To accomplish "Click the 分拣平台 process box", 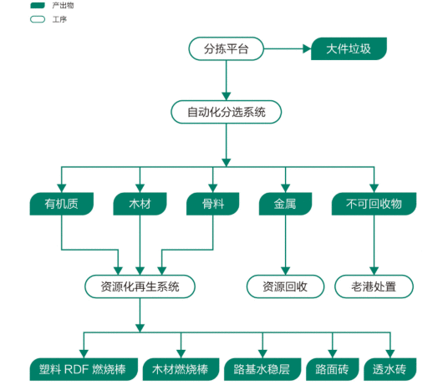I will pyautogui.click(x=226, y=49).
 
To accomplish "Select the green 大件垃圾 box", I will pyautogui.click(x=349, y=49).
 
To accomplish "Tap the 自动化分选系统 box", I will pyautogui.click(x=226, y=111).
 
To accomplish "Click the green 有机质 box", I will pyautogui.click(x=61, y=203).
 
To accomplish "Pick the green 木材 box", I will pyautogui.click(x=140, y=203).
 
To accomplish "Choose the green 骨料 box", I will pyautogui.click(x=212, y=203).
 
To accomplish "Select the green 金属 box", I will pyautogui.click(x=285, y=203).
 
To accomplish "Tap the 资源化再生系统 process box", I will pyautogui.click(x=140, y=286).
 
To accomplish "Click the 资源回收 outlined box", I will pyautogui.click(x=285, y=286).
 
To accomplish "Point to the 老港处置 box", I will pyautogui.click(x=374, y=286).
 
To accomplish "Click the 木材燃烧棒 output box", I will pyautogui.click(x=179, y=368).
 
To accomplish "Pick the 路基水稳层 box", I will pyautogui.click(x=262, y=368).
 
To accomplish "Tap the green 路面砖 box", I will pyautogui.click(x=332, y=368).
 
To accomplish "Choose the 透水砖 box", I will pyautogui.click(x=389, y=368).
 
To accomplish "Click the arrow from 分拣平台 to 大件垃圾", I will pyautogui.click(x=286, y=49).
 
